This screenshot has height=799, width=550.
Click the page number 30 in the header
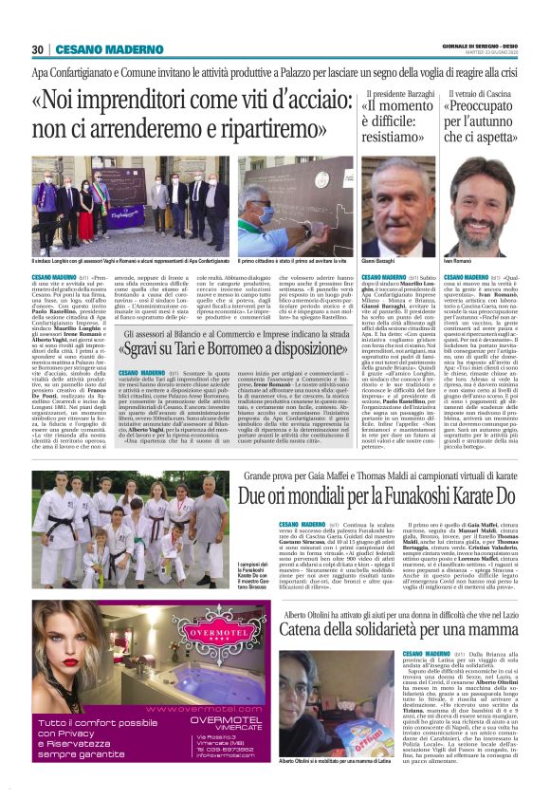37,49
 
